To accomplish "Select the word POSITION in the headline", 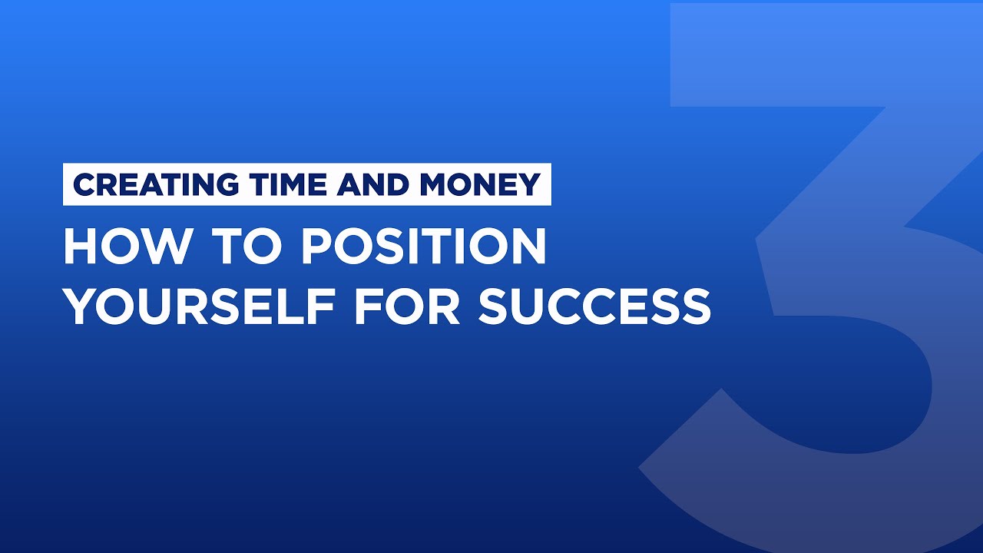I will [423, 247].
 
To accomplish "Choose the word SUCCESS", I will [594, 306].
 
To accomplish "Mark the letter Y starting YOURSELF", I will [79, 306].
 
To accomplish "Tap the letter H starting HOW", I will [81, 247].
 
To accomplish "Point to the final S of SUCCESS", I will [693, 306].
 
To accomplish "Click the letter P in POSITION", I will [316, 247].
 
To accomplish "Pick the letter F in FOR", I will [365, 306].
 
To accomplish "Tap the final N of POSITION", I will [528, 247].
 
